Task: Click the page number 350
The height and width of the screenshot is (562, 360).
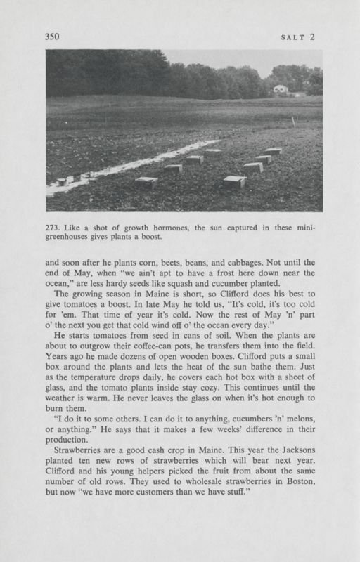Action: pyautogui.click(x=53, y=36)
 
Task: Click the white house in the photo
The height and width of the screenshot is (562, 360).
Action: pyautogui.click(x=281, y=89)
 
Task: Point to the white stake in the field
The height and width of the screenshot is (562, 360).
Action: pyautogui.click(x=293, y=121)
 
